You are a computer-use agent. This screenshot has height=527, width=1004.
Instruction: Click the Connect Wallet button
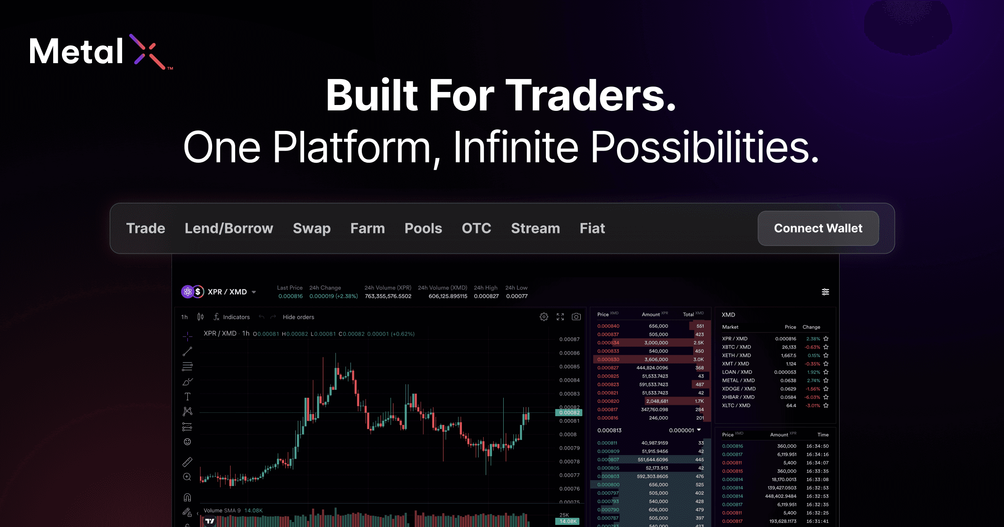click(x=818, y=228)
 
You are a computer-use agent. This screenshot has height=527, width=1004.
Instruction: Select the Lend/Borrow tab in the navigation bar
click(x=229, y=228)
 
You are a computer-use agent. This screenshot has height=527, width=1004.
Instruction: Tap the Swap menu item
click(x=312, y=228)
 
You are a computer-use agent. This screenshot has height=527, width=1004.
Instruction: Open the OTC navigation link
click(x=476, y=228)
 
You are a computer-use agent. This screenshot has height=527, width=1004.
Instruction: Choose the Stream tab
click(x=535, y=228)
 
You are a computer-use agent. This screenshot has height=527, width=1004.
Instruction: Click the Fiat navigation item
click(x=592, y=228)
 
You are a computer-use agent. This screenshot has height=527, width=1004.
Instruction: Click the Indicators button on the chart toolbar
click(x=232, y=317)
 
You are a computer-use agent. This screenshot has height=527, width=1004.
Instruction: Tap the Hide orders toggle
click(x=298, y=317)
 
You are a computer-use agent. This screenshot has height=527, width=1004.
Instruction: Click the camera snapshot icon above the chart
click(x=576, y=317)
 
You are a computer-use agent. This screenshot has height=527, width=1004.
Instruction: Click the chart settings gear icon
click(x=544, y=317)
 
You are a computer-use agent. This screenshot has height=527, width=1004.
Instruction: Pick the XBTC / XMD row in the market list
click(x=736, y=347)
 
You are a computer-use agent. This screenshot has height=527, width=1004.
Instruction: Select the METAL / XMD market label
click(x=738, y=381)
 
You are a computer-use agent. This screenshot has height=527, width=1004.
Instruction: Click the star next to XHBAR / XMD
click(x=826, y=397)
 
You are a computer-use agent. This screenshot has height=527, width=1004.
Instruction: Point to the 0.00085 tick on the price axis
click(x=569, y=367)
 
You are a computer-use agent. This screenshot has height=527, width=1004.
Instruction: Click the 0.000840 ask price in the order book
click(x=608, y=326)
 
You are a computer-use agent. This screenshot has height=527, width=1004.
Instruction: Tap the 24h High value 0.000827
click(x=486, y=296)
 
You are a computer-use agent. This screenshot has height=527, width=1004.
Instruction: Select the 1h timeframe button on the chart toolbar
click(x=184, y=317)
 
